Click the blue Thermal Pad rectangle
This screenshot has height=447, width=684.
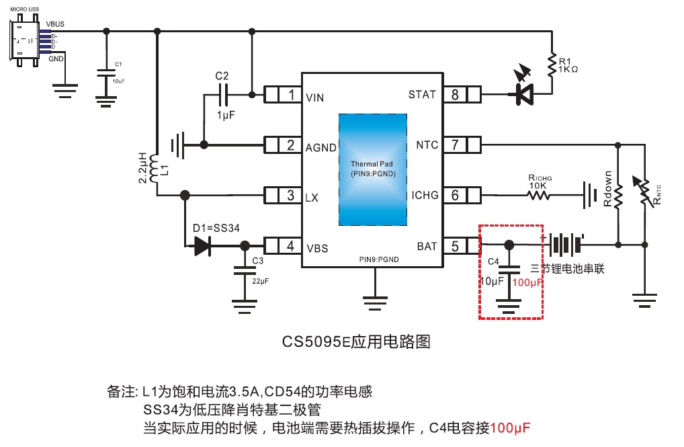pos(372,169)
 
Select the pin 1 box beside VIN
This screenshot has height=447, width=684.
pos(283,95)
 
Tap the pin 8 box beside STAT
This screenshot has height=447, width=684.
pos(462,95)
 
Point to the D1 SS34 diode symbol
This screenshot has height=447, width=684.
pos(202,246)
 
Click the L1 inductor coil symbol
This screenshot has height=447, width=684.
pos(155,169)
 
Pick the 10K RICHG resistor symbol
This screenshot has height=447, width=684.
pos(538,196)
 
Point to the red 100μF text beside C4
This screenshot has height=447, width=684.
pos(527,283)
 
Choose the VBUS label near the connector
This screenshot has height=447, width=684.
pos(55,24)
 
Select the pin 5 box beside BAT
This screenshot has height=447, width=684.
pos(462,246)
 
